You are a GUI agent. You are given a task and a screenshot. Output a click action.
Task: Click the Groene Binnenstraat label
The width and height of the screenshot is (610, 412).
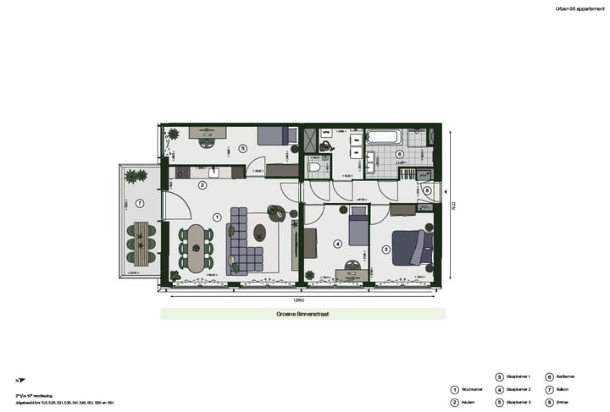(x=302, y=314)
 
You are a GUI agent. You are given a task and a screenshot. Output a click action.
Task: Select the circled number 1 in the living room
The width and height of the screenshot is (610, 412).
(x=217, y=217)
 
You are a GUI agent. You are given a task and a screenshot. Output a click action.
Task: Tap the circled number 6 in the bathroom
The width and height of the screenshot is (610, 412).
(x=399, y=155)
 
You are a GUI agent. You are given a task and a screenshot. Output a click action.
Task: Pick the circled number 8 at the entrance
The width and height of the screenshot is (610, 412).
(x=427, y=190)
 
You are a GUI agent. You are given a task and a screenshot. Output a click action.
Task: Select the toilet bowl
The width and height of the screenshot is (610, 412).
(x=314, y=168)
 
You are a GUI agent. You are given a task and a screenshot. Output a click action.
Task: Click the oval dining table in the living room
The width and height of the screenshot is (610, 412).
(x=197, y=247)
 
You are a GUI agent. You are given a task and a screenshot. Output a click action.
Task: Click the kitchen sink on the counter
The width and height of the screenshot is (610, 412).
(x=213, y=172)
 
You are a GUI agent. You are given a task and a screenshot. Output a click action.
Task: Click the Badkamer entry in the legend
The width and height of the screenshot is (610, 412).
(x=565, y=376)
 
